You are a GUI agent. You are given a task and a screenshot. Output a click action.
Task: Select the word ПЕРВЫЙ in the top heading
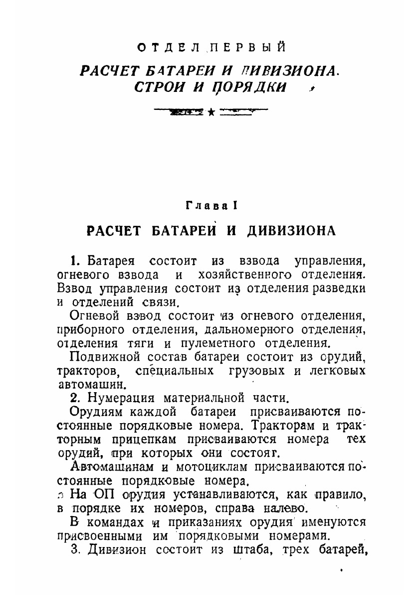pos(247,48)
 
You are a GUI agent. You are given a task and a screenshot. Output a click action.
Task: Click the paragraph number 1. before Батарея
pos(75,261)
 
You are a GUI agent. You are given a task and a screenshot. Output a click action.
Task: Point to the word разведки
pos(339,288)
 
